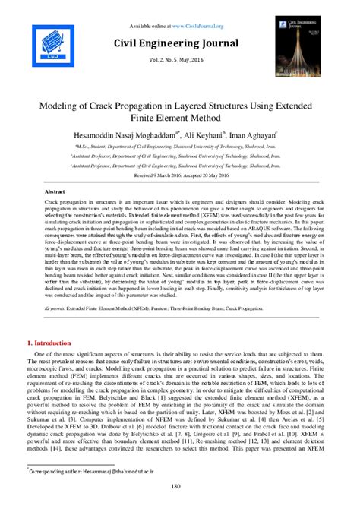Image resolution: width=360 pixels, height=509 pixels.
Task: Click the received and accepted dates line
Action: [180, 172]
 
